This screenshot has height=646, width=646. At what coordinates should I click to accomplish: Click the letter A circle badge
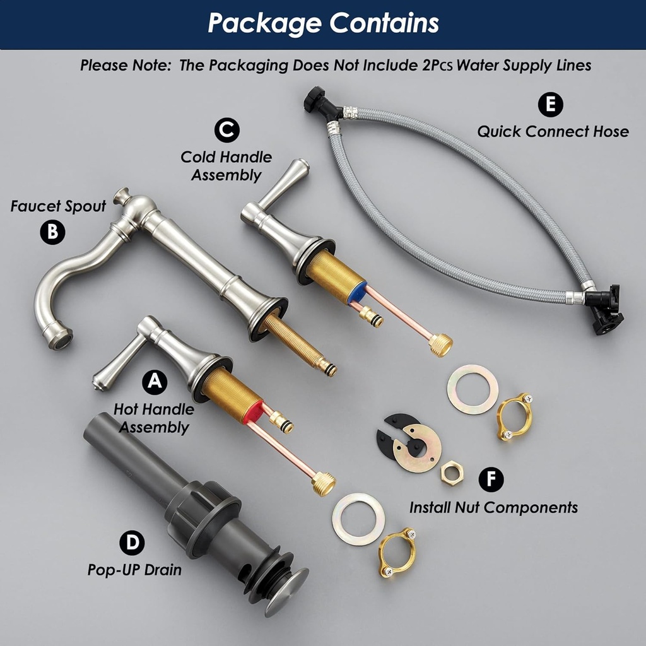click(x=155, y=382)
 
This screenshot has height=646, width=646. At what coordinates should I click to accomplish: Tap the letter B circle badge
click(x=52, y=232)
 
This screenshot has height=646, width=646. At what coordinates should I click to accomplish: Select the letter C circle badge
click(x=226, y=130)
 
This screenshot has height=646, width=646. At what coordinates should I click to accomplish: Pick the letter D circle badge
click(x=132, y=543)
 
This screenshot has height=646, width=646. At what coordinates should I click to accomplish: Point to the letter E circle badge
click(x=550, y=105)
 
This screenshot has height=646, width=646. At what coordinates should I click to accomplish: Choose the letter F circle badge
click(x=491, y=479)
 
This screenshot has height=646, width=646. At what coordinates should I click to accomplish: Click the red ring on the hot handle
click(x=252, y=412)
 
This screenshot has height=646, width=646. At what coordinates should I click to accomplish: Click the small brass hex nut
click(x=452, y=473)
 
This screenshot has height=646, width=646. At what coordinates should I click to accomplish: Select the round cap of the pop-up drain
click(x=287, y=592)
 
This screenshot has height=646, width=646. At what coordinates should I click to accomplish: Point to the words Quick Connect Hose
click(x=553, y=132)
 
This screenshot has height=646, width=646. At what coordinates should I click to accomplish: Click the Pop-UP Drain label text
click(x=134, y=570)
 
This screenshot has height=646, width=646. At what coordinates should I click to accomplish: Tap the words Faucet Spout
click(x=58, y=206)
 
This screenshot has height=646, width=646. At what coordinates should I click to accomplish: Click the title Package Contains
click(x=324, y=23)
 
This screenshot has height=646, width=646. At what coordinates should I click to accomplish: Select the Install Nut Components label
click(x=493, y=508)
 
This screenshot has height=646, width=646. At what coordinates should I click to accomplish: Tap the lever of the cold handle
click(x=285, y=184)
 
